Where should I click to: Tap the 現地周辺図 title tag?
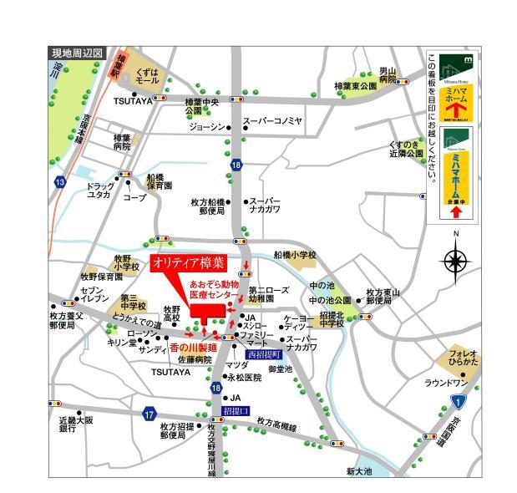(x=77, y=53)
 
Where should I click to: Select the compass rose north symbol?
(x=455, y=262)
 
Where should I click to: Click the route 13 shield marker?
(x=59, y=181)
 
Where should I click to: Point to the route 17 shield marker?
(x=150, y=414)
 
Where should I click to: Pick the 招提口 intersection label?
(x=237, y=411)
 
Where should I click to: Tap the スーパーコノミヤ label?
(x=272, y=121)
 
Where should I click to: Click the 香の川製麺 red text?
(x=193, y=348)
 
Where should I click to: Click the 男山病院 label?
(x=388, y=74)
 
